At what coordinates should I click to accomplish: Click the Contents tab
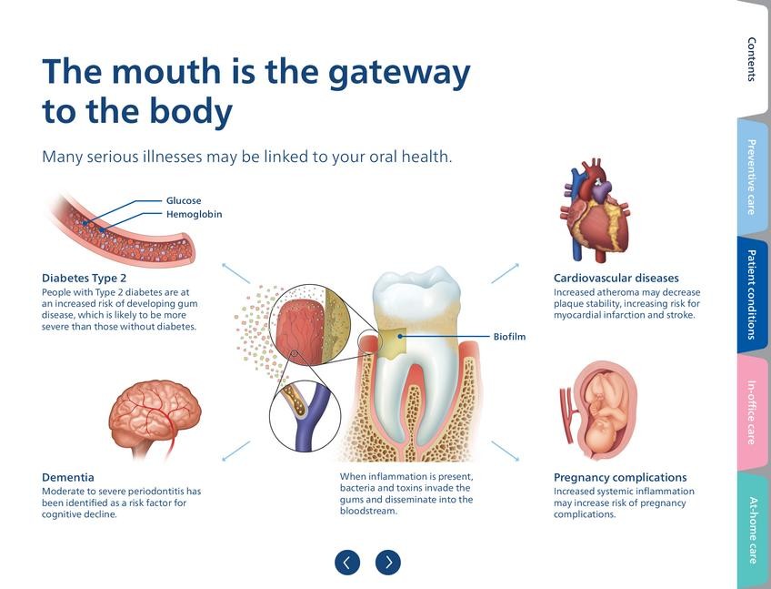pyautogui.click(x=752, y=59)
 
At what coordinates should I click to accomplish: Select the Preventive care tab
pyautogui.click(x=752, y=177)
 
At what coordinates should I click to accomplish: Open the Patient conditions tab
pyautogui.click(x=752, y=293)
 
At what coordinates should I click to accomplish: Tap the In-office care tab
pyautogui.click(x=752, y=412)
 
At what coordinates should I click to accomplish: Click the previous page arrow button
pyautogui.click(x=347, y=563)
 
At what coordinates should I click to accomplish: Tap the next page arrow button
pyautogui.click(x=388, y=563)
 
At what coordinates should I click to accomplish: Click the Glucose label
pyautogui.click(x=184, y=200)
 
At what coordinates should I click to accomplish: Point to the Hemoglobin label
pyautogui.click(x=194, y=215)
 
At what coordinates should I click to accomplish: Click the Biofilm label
pyautogui.click(x=509, y=337)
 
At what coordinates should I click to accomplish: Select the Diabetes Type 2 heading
pyautogui.click(x=85, y=278)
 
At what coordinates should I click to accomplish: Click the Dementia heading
pyautogui.click(x=68, y=477)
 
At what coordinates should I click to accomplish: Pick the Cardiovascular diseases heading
pyautogui.click(x=616, y=278)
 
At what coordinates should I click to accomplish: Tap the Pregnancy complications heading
pyautogui.click(x=620, y=477)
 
